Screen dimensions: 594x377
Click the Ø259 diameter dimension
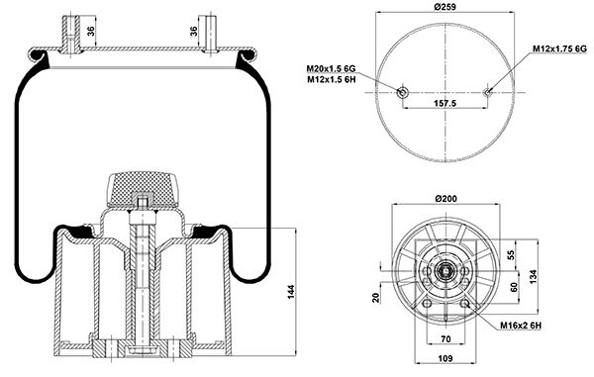point(445,7)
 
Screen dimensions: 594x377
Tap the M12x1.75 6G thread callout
point(559,48)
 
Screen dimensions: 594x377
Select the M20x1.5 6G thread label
point(331,69)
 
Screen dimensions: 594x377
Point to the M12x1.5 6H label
point(331,79)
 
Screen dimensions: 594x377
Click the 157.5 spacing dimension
point(445,103)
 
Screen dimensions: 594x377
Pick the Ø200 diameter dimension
point(445,198)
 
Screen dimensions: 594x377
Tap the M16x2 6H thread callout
point(521,326)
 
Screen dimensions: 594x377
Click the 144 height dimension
point(290,292)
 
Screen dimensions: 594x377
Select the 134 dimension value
point(534,277)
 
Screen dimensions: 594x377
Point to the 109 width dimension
point(445,358)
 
